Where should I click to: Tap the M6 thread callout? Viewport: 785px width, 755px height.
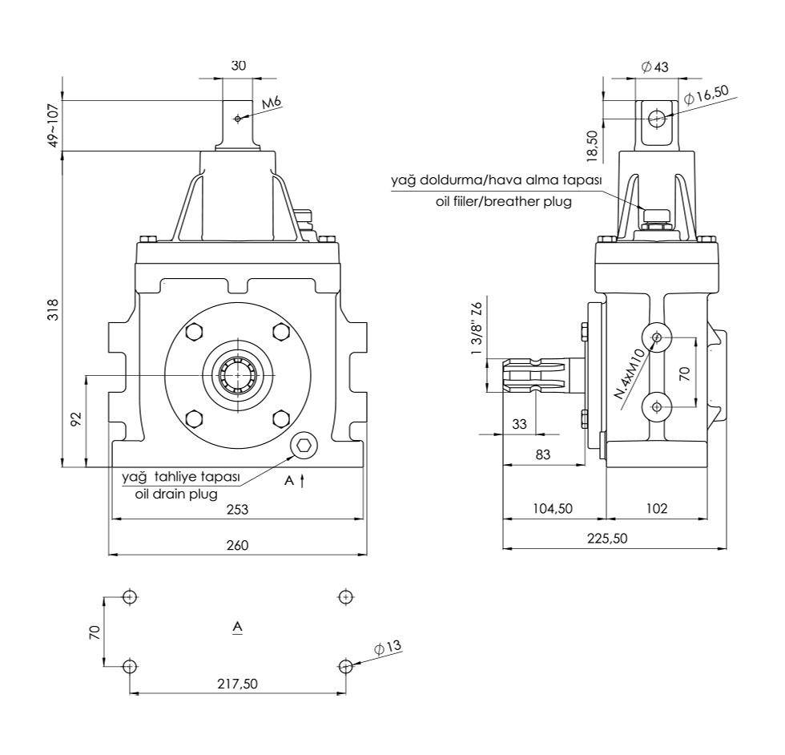[272, 103]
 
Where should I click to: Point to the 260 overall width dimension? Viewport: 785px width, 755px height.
[237, 545]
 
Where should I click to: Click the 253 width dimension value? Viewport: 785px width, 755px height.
[237, 510]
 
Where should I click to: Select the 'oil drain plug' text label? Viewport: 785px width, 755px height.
[176, 494]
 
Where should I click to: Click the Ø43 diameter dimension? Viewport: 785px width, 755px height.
[654, 67]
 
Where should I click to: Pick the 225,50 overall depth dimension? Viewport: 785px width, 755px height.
[606, 539]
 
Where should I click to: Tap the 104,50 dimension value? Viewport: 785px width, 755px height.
[552, 509]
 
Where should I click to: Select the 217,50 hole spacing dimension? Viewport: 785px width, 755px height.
[237, 684]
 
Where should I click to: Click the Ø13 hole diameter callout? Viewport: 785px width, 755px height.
[387, 647]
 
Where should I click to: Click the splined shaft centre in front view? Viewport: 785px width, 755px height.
[237, 375]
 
